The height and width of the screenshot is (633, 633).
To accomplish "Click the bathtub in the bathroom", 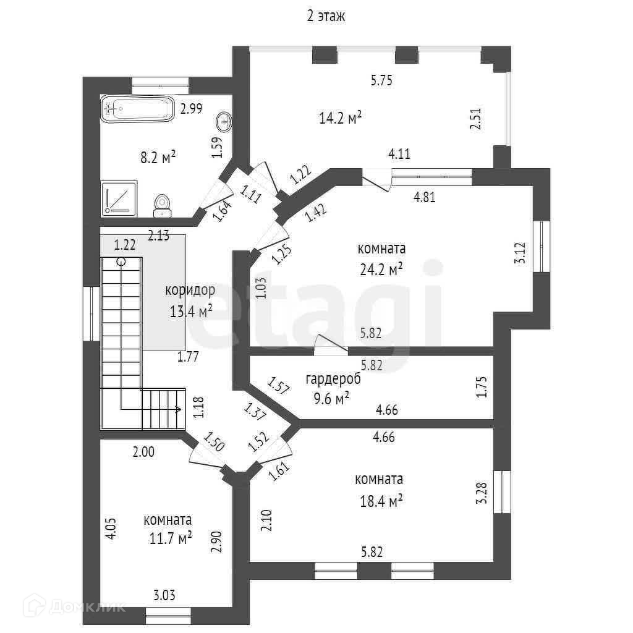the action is click(137, 109).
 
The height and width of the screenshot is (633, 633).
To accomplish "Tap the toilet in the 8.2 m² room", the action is click(163, 205).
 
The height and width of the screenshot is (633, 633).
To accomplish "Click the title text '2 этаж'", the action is click(326, 17).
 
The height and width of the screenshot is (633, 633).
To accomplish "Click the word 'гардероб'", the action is click(333, 379).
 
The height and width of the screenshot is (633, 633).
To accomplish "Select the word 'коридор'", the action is click(190, 290).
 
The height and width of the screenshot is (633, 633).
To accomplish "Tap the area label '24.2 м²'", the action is click(381, 268).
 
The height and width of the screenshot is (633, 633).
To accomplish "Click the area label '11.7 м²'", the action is click(171, 538).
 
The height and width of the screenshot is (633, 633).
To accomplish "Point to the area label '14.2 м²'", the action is click(340, 118).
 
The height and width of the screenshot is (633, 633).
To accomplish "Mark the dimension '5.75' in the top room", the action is click(381, 80).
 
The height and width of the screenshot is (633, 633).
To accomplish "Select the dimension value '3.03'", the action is click(163, 596).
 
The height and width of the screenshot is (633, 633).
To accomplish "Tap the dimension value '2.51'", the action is click(475, 118).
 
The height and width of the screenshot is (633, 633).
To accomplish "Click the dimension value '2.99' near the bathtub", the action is click(191, 109).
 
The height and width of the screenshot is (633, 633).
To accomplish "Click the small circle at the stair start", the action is click(121, 261).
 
